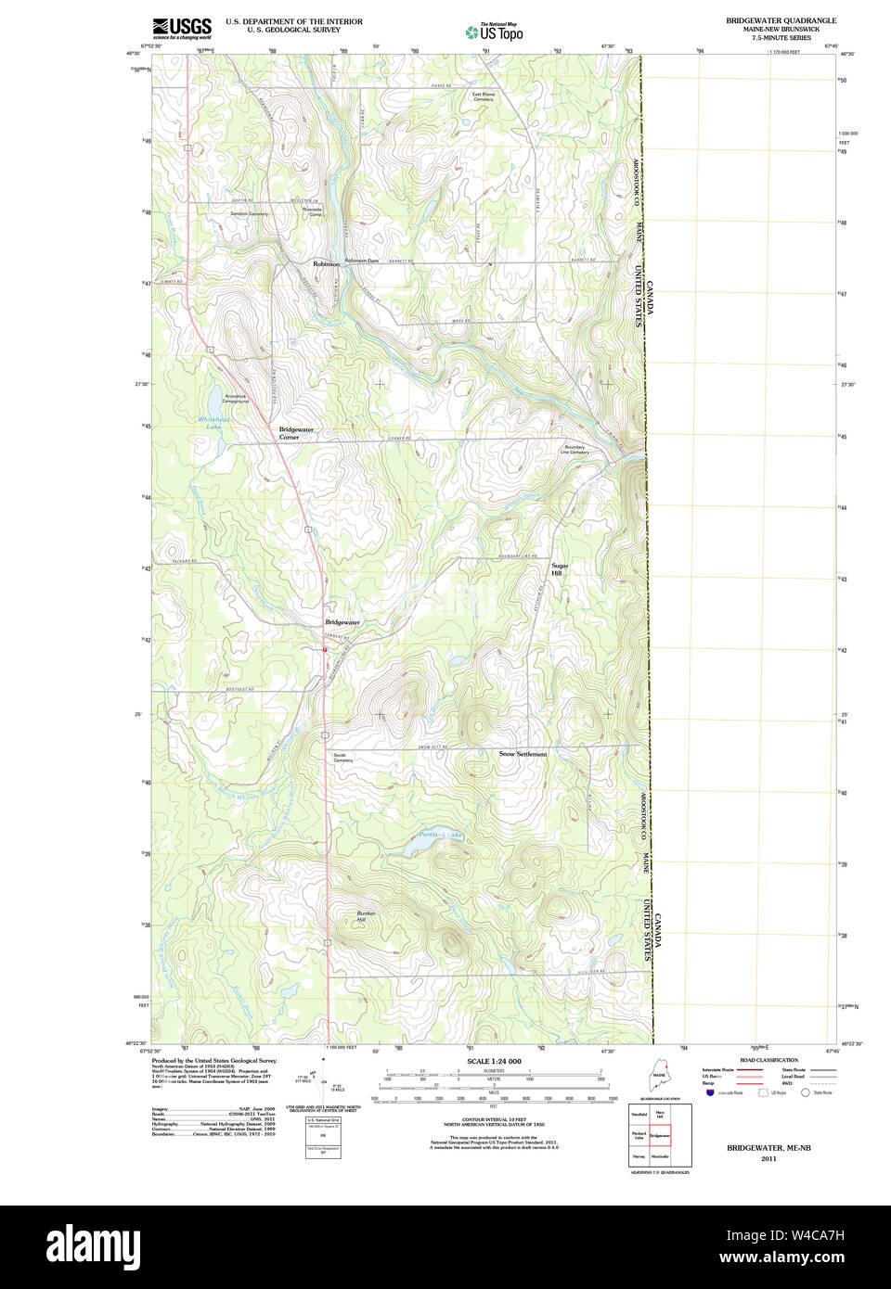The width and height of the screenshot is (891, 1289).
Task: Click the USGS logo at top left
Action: click(x=182, y=28)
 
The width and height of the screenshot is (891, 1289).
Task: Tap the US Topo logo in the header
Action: click(x=495, y=32)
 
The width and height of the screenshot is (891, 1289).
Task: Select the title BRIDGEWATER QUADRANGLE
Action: click(x=781, y=20)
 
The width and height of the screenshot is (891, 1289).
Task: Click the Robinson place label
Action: click(x=326, y=264)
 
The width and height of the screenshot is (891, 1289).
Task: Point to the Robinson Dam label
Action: click(x=362, y=261)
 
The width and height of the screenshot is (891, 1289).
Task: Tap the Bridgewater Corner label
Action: click(x=296, y=433)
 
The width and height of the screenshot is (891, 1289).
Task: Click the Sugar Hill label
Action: click(x=559, y=569)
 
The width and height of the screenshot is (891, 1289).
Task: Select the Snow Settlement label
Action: click(x=523, y=754)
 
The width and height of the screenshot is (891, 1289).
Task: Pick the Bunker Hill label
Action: click(x=366, y=916)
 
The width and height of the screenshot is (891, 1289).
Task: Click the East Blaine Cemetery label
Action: click(x=483, y=96)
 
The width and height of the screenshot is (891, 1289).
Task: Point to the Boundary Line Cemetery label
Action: click(x=575, y=450)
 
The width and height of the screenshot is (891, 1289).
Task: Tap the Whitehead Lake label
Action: click(x=213, y=423)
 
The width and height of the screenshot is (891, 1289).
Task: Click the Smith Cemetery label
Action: click(x=342, y=758)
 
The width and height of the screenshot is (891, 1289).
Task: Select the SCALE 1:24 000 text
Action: click(x=494, y=1061)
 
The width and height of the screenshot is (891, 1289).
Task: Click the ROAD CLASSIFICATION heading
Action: click(x=768, y=1060)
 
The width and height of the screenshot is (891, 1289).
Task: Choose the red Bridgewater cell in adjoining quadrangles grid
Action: click(x=660, y=1135)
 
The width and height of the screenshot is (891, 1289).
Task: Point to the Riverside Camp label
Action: click(x=314, y=211)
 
